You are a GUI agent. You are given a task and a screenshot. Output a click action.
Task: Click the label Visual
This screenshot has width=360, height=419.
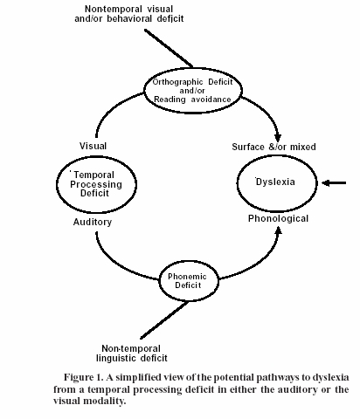click(93, 146)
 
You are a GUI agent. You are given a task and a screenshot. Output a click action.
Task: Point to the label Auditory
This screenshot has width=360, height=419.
click(93, 222)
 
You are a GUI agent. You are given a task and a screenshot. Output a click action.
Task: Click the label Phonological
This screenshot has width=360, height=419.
click(278, 218)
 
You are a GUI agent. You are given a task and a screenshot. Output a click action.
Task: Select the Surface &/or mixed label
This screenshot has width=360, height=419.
click(273, 147)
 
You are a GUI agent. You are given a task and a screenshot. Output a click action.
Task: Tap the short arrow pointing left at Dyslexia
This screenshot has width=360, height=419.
click(334, 183)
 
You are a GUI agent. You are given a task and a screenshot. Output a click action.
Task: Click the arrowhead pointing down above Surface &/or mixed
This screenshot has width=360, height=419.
click(278, 137)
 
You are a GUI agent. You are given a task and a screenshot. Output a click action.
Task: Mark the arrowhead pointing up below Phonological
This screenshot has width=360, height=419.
click(279, 230)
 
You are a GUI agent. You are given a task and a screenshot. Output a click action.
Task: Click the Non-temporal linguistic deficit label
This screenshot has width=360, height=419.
click(132, 354)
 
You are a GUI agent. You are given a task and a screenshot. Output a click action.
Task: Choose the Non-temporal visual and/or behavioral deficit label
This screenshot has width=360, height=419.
click(129, 14)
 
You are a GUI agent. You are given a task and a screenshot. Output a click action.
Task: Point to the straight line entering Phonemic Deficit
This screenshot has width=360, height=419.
click(164, 320)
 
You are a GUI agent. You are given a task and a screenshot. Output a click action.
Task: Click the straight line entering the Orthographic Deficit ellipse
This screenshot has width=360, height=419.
click(169, 48)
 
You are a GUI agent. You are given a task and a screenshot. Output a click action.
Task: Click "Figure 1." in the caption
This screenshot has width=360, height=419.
click(84, 377)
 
